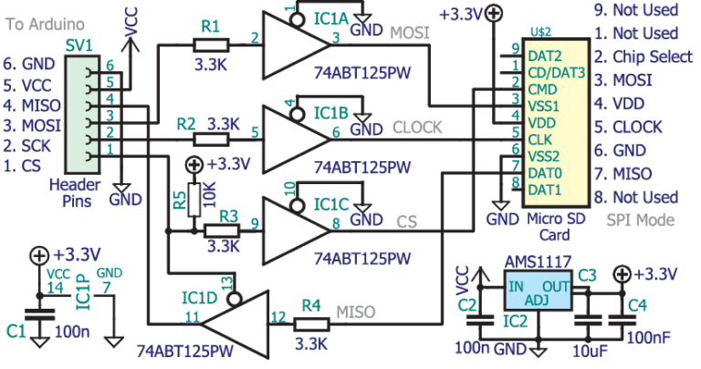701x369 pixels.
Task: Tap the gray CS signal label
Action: coord(407,220)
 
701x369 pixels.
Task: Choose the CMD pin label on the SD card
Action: coord(543,88)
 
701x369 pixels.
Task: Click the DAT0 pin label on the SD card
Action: coord(545,172)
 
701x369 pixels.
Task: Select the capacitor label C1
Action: coord(16,333)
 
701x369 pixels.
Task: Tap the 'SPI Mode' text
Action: coord(640,220)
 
